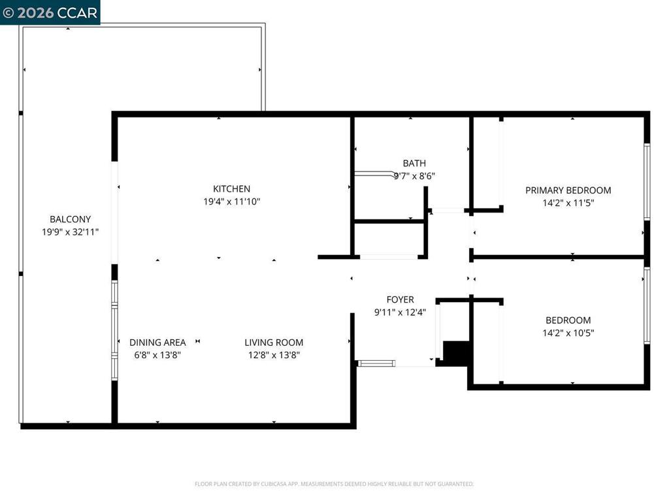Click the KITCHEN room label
pos(231,189)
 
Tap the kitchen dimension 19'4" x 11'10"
pos(231,202)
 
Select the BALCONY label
pos(70,219)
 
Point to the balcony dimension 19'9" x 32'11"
pos(70,232)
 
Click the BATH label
pos(414,163)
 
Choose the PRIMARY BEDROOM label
pos(568,190)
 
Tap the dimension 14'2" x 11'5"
pos(568,203)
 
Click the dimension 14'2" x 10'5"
pos(568,333)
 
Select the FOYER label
pos(400,299)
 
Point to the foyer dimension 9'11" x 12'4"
pos(400,312)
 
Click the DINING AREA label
pos(157,342)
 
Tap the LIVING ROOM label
pos(274,342)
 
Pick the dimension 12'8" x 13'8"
pos(274,355)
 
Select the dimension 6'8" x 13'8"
pos(157,355)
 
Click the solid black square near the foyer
pos(456,352)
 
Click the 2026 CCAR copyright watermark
pos(50,12)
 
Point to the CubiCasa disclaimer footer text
pos(334,484)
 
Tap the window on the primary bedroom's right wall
pos(647,181)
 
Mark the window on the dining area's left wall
pos(114,330)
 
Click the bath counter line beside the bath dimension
pos(374,174)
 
